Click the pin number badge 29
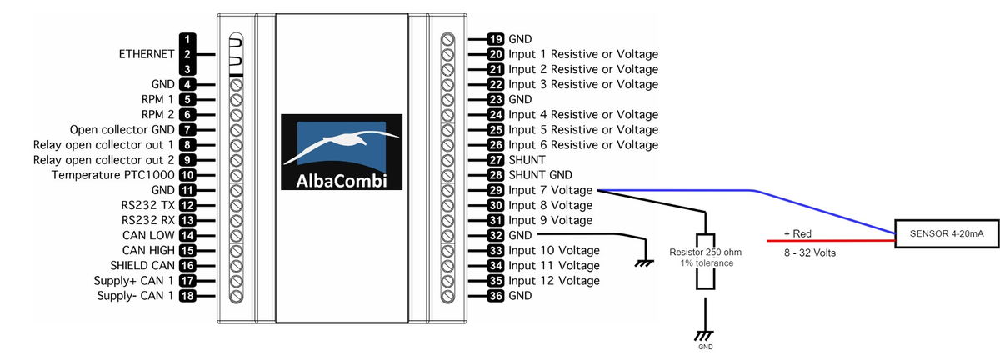coord(496,190)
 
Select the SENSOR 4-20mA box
coord(947,233)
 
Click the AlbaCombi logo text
coord(342,181)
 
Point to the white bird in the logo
coord(340,144)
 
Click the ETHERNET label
coord(147,54)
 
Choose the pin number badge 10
coord(187,175)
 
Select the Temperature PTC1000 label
coord(112,175)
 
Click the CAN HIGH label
coord(148,251)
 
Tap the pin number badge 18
coord(187,296)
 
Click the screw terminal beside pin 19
coord(447,40)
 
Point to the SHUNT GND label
coord(540,175)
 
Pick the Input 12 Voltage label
coord(554,281)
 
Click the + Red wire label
coord(797,233)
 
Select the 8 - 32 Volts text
coord(809,252)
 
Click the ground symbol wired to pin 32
coord(644,263)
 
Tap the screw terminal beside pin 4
coord(236,85)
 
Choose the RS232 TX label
coord(147,206)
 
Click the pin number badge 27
coord(496,160)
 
